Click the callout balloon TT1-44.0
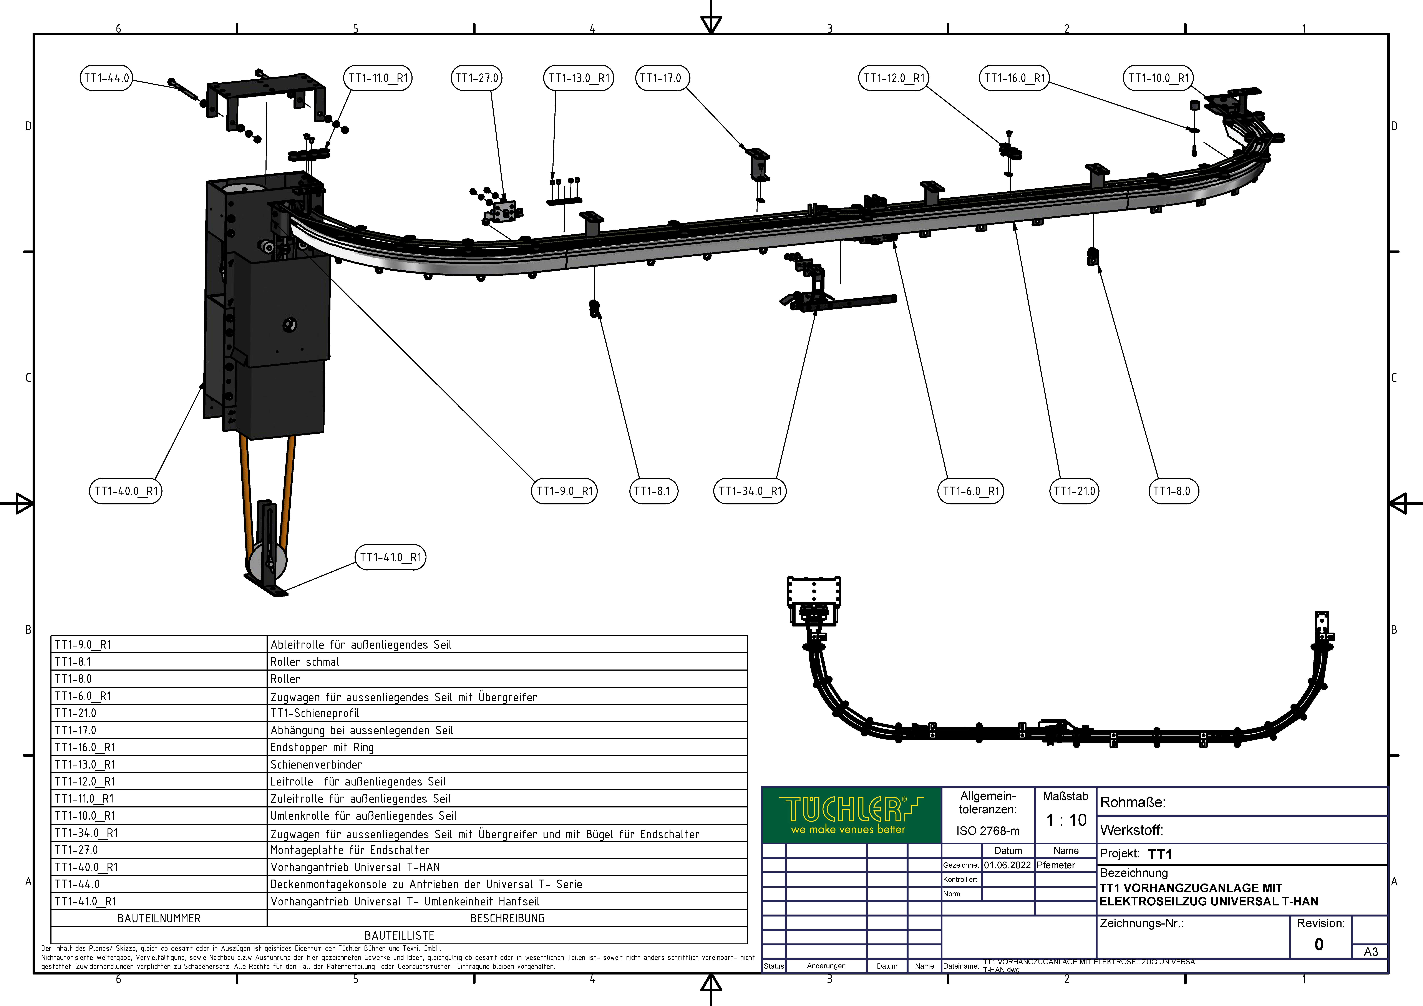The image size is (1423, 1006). pyautogui.click(x=107, y=78)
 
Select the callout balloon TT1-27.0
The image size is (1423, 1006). pyautogui.click(x=477, y=78)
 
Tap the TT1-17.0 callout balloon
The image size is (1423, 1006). pyautogui.click(x=662, y=78)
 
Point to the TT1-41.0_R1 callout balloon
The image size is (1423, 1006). pyautogui.click(x=390, y=557)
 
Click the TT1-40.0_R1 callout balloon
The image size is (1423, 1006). pyautogui.click(x=126, y=491)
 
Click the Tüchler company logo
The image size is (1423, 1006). pyautogui.click(x=852, y=815)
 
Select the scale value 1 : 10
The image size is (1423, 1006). pyautogui.click(x=1066, y=820)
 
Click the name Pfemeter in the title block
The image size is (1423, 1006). pyautogui.click(x=1056, y=865)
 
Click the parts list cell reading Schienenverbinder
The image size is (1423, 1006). pyautogui.click(x=316, y=764)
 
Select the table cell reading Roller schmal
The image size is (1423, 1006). pyautogui.click(x=305, y=661)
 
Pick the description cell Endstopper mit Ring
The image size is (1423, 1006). pyautogui.click(x=322, y=747)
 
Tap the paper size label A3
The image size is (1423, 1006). pyautogui.click(x=1371, y=951)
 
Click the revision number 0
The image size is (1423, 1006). pyautogui.click(x=1319, y=944)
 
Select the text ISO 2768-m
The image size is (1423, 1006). pyautogui.click(x=988, y=831)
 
